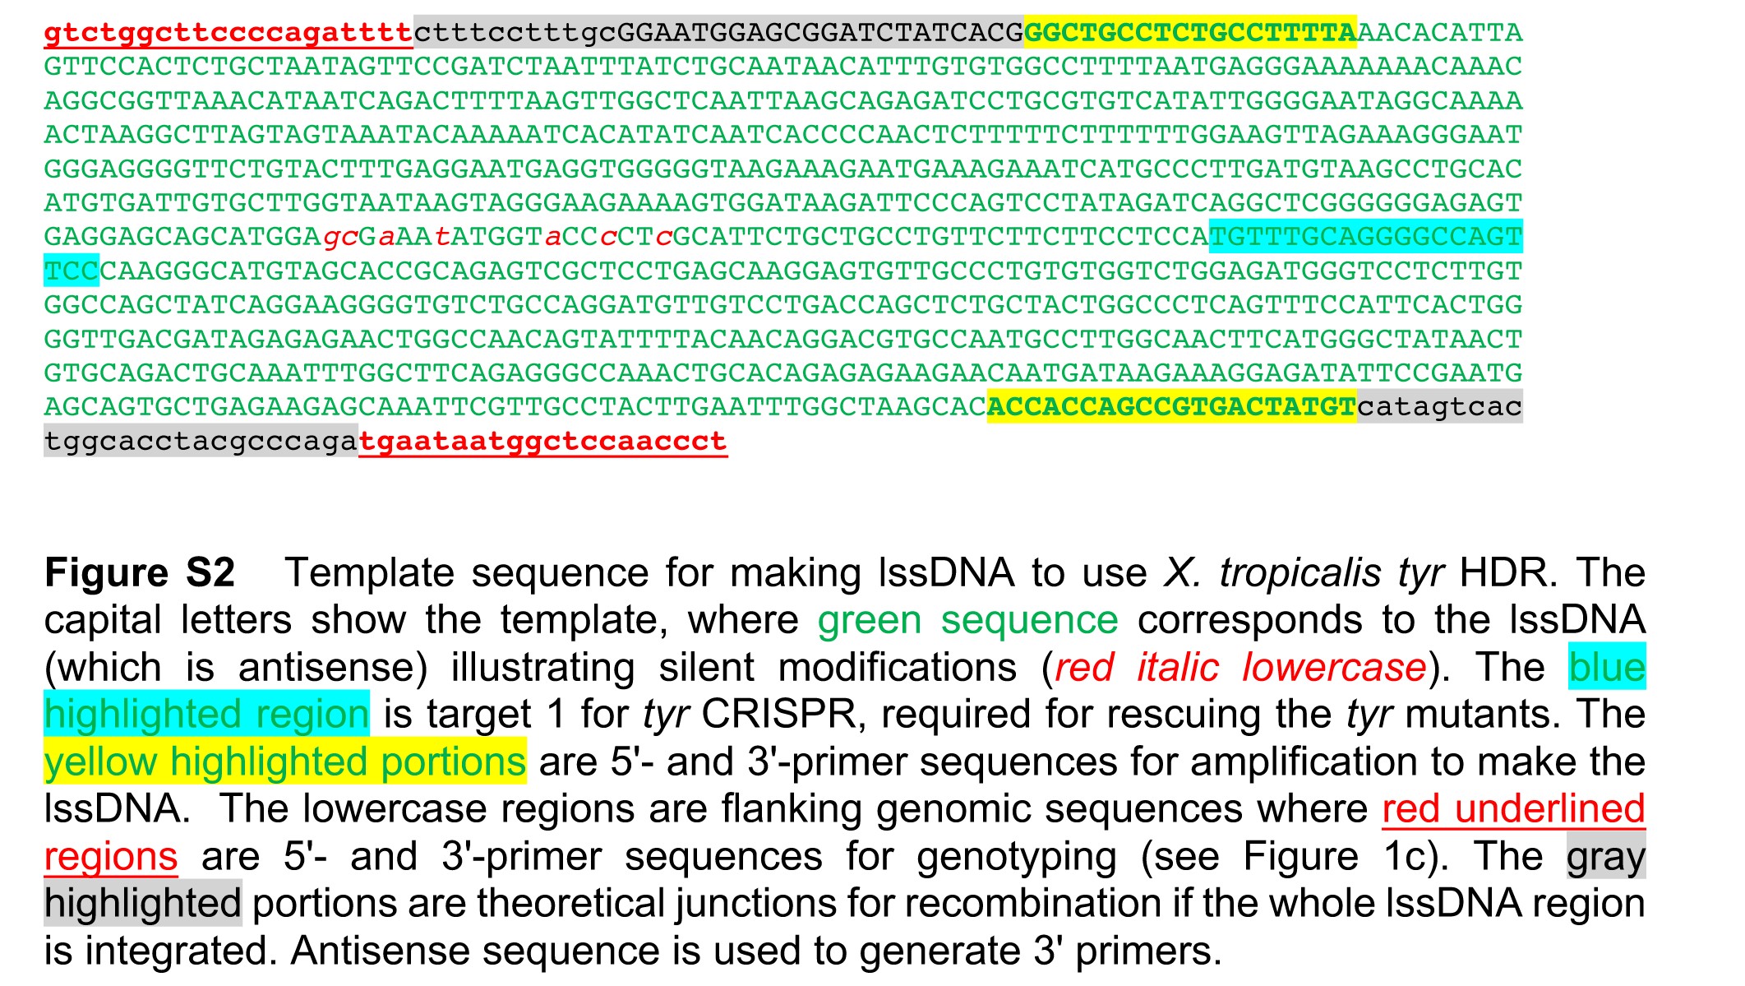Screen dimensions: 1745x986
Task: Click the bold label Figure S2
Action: [140, 572]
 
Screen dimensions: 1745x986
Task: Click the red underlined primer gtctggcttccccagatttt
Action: [229, 33]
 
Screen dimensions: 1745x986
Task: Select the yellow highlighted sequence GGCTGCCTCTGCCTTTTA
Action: [1190, 33]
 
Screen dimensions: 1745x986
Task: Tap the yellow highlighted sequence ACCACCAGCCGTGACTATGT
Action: [1171, 406]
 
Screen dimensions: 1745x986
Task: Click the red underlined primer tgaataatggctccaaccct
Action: [543, 441]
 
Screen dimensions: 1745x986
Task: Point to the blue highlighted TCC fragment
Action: [72, 271]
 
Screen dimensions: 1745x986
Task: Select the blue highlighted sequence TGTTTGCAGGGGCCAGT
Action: [1366, 237]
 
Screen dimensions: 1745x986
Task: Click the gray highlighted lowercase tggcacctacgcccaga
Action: [201, 441]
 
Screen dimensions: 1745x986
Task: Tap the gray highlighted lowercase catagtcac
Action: [1439, 406]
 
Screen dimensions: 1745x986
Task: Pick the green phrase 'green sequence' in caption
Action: [968, 620]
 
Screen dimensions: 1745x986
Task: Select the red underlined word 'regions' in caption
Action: [111, 856]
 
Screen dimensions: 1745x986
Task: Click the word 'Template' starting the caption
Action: [369, 572]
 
